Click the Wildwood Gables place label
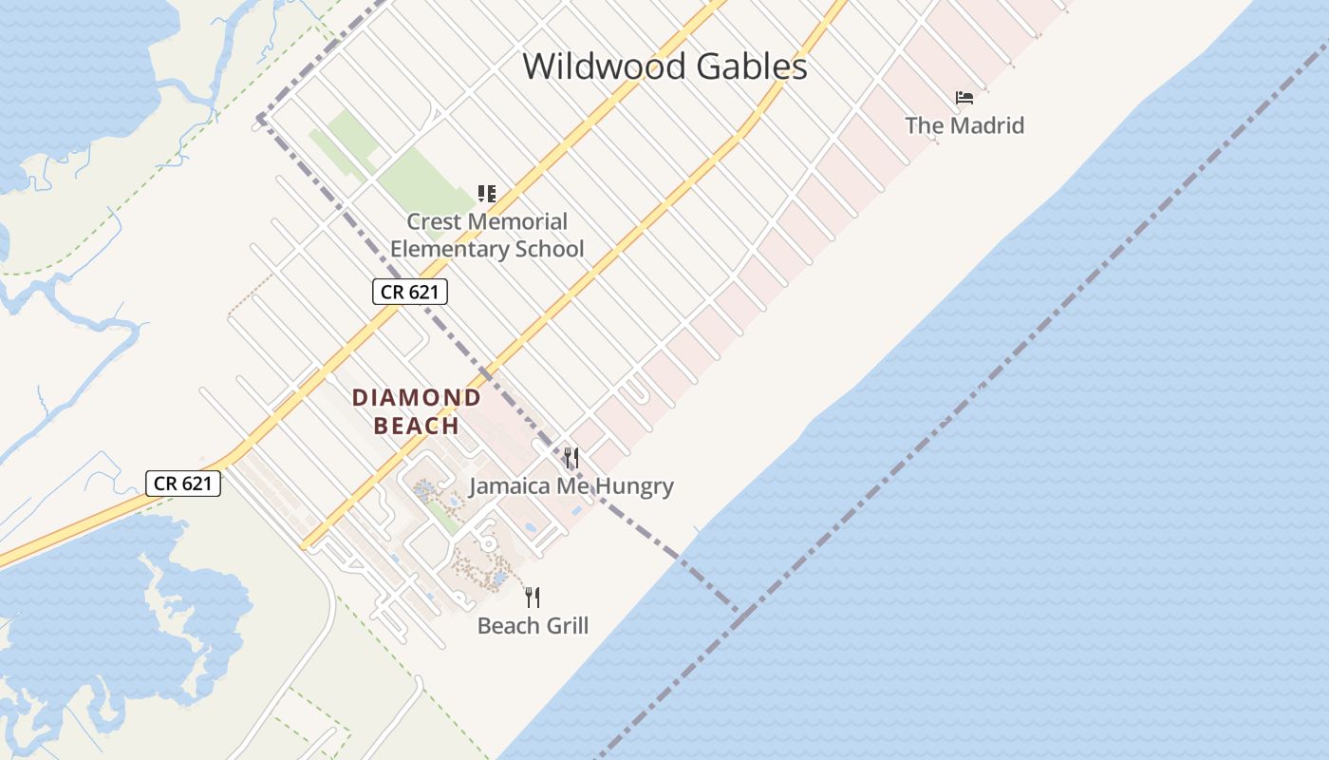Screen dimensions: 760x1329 click(x=664, y=66)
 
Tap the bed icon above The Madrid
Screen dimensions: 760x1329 click(x=964, y=97)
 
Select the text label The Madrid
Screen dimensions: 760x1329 click(x=964, y=125)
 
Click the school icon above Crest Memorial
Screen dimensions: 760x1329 click(x=487, y=195)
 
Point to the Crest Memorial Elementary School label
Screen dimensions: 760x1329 click(x=487, y=236)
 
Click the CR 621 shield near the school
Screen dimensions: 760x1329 click(x=409, y=292)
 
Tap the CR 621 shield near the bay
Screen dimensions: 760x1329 click(x=183, y=484)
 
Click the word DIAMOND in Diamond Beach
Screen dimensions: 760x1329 click(x=417, y=398)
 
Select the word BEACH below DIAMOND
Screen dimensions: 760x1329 click(x=417, y=426)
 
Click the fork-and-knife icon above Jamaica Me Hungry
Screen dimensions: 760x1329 click(x=571, y=459)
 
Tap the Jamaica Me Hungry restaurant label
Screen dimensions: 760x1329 click(x=571, y=487)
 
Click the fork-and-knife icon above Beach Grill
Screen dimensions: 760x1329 click(x=533, y=598)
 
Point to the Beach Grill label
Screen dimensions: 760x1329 click(x=533, y=626)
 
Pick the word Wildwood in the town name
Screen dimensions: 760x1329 click(x=604, y=66)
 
